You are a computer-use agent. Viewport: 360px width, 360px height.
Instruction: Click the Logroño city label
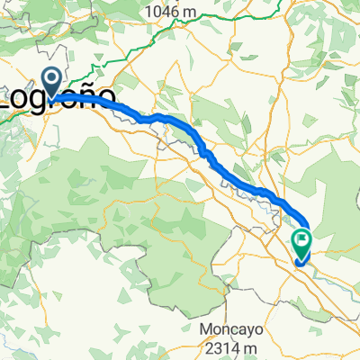[57, 96]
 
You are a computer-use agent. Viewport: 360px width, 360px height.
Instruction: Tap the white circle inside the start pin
[51, 80]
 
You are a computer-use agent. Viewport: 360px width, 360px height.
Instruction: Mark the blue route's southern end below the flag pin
[298, 263]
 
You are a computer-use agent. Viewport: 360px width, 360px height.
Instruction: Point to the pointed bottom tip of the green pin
[301, 257]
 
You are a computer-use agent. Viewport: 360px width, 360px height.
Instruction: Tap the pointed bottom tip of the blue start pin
[51, 97]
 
